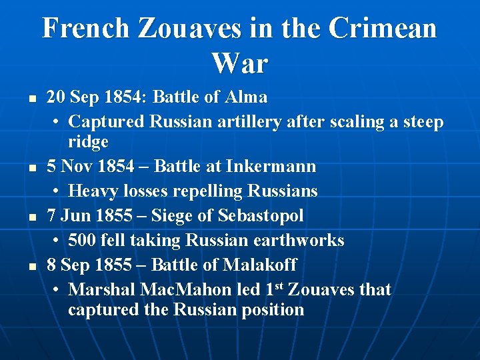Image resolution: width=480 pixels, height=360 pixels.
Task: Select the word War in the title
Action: click(240, 64)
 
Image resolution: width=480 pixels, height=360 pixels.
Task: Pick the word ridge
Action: click(88, 142)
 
